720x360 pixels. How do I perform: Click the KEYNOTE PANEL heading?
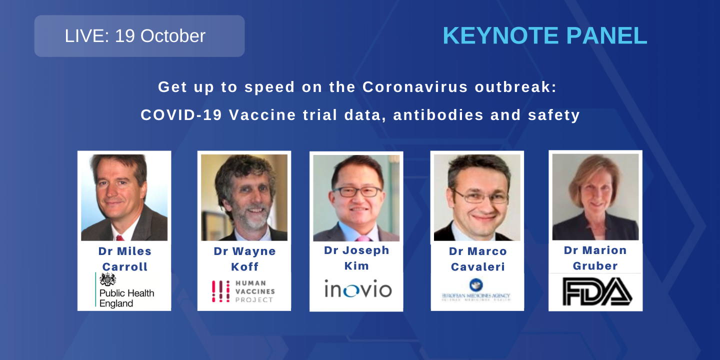[544, 36]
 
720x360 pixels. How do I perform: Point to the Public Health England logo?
[125, 290]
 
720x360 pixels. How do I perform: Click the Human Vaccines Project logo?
[243, 291]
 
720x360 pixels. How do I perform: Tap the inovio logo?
[357, 289]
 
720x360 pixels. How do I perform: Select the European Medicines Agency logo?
[476, 290]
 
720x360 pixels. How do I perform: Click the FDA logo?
[596, 291]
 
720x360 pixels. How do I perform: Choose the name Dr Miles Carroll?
[125, 259]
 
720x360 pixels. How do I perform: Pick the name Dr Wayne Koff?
[244, 259]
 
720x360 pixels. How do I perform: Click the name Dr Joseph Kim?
[356, 258]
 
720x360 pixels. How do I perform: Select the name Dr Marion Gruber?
[595, 258]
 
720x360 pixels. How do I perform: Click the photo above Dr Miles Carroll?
[124, 197]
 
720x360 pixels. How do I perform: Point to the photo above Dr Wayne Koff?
[244, 197]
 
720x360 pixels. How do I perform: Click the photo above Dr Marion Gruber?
[595, 196]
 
